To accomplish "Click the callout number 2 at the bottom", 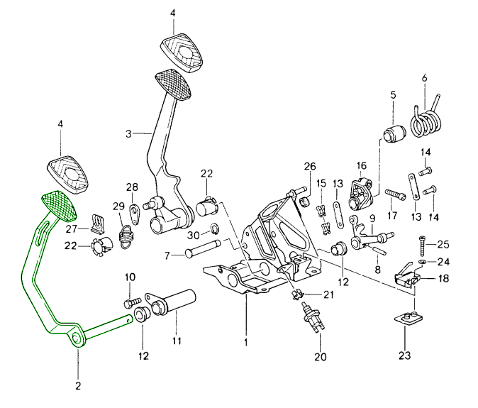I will pos(77,386).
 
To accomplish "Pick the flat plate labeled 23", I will pos(408,319).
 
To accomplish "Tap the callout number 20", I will pos(321,357).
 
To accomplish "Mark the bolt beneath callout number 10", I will pos(129,302).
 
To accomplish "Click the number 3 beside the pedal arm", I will pos(129,133).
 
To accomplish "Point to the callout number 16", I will pos(360,165).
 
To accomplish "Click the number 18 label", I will pos(443,279).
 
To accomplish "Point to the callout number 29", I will pos(119,206).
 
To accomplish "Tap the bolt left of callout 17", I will pos(396,193).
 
